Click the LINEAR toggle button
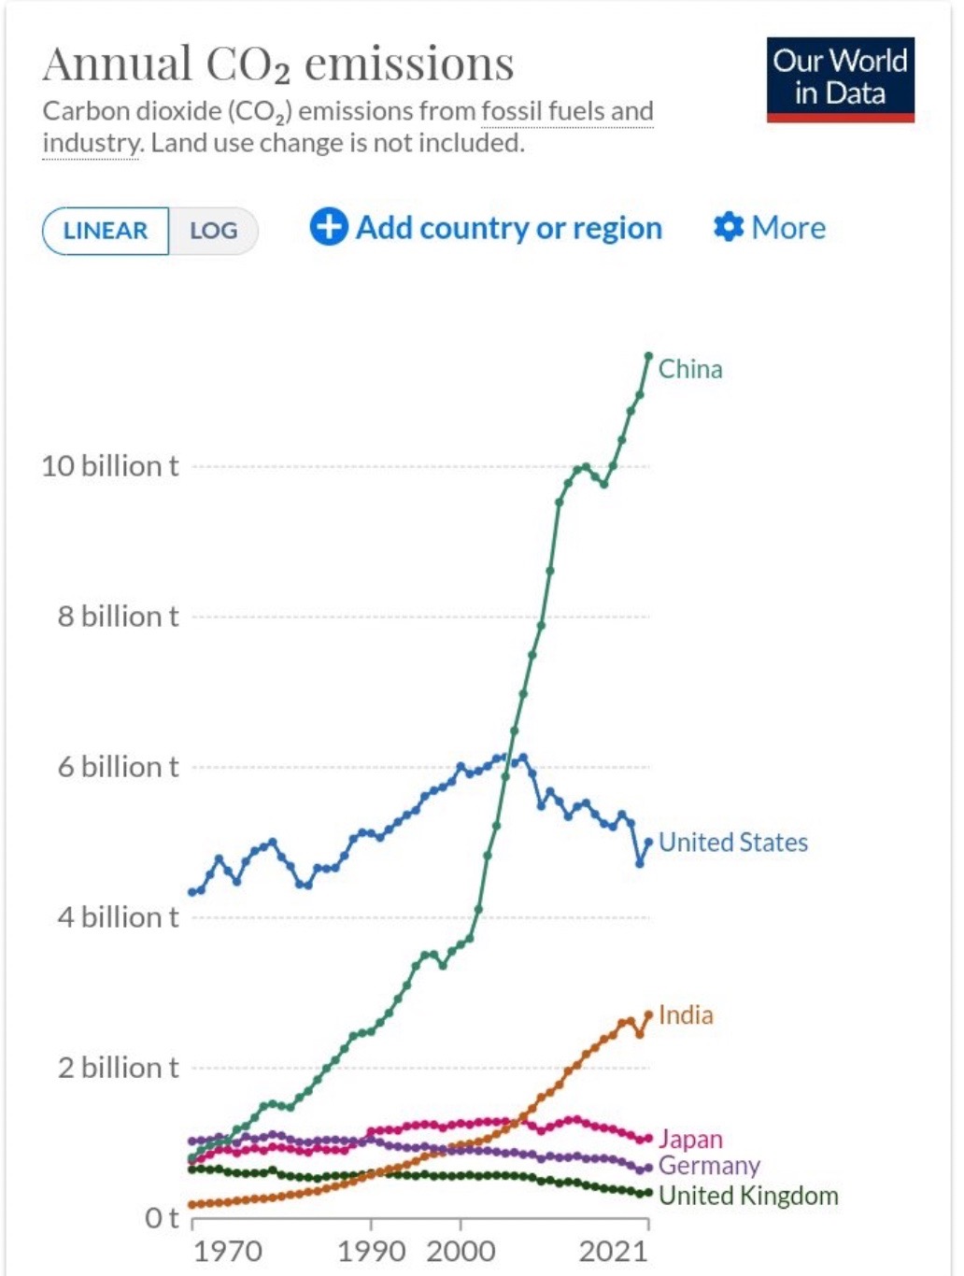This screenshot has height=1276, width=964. coord(106,231)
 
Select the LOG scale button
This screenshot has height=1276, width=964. coord(213,231)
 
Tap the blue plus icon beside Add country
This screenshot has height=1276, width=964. coord(328,227)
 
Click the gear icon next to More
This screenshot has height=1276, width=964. coord(728,227)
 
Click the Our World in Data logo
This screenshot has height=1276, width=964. coord(840,79)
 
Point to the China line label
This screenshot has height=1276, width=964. coord(690,369)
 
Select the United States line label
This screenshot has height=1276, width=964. coord(733,843)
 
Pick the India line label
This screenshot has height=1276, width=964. coord(686,1015)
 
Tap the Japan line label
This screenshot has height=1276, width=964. coord(690,1140)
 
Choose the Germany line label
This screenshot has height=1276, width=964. coord(709,1166)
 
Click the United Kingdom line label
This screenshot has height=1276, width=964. coord(748,1196)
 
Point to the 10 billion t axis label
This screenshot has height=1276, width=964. coord(109,466)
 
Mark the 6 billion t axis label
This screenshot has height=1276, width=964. coord(118,767)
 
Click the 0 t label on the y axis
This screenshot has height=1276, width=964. coord(161,1218)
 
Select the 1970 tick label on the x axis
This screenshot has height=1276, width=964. coord(227,1252)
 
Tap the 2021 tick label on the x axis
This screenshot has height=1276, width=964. coord(613,1252)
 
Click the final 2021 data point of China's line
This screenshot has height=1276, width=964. coord(648,356)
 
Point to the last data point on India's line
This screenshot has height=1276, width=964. coord(648,1014)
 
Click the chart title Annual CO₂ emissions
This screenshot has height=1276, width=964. coord(278,64)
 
